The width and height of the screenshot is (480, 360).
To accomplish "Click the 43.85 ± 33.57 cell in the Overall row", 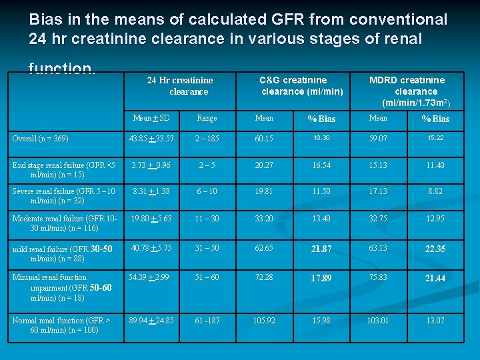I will (151, 139).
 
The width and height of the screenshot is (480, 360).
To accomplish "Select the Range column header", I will (207, 118).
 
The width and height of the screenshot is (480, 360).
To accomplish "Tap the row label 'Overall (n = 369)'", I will (40, 139).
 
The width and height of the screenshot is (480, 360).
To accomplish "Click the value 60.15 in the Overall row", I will (264, 139).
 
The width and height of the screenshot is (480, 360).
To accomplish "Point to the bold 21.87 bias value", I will (321, 249).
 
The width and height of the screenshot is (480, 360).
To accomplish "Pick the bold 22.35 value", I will (435, 249).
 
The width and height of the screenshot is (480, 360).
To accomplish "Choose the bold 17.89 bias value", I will (321, 278).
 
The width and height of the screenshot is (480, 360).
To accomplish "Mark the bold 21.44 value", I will (435, 278).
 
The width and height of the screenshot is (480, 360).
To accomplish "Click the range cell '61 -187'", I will (207, 321).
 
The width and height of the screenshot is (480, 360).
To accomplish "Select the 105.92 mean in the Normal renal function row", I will (264, 321).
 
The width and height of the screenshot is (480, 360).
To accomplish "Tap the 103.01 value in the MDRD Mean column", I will (378, 321).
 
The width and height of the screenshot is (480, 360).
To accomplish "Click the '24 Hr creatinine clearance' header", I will (180, 86).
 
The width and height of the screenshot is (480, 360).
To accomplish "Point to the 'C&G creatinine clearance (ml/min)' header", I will (302, 86).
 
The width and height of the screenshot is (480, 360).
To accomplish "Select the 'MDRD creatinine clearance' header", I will (407, 91).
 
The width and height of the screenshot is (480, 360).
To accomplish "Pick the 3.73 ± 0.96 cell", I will (151, 165).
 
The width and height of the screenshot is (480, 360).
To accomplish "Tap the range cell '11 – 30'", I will (207, 218).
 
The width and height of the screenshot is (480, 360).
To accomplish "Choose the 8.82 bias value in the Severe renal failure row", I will (435, 192).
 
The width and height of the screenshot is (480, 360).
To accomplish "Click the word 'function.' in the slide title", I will (62, 69).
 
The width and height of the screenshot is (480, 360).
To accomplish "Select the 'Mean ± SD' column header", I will (151, 118).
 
